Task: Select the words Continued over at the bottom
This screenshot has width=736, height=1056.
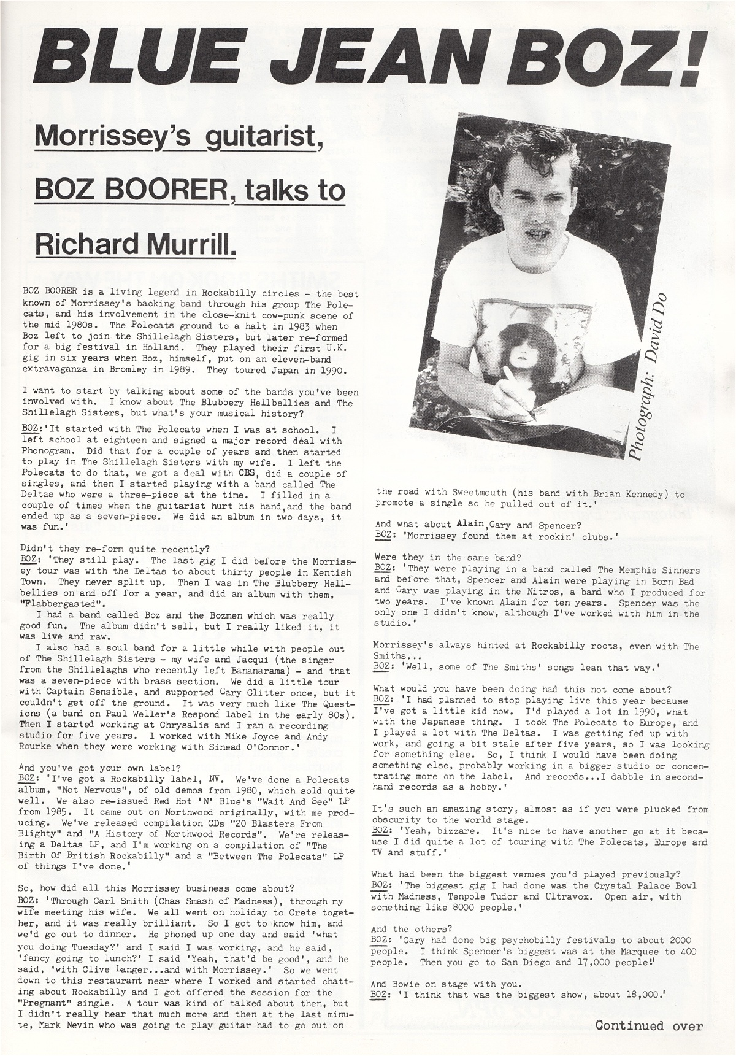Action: pos(649,1025)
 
